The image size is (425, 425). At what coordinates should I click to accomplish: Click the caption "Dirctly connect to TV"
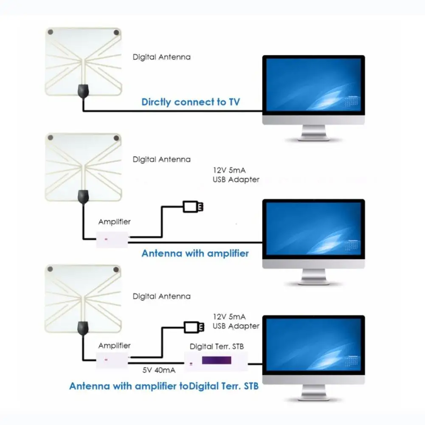pyautogui.click(x=191, y=102)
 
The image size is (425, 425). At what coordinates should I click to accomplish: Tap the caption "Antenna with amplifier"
pyautogui.click(x=195, y=253)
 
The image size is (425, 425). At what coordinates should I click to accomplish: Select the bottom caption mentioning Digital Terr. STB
pyautogui.click(x=164, y=386)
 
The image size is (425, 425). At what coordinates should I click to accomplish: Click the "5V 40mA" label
pyautogui.click(x=159, y=370)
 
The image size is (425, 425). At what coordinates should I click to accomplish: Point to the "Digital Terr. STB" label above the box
pyautogui.click(x=217, y=346)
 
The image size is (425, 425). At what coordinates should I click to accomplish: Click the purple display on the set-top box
pyautogui.click(x=217, y=360)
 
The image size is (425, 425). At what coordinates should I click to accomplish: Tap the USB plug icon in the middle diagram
pyautogui.click(x=194, y=207)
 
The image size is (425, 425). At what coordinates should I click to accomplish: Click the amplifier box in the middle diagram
pyautogui.click(x=112, y=239)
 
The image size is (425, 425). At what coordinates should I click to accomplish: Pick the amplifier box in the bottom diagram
pyautogui.click(x=112, y=359)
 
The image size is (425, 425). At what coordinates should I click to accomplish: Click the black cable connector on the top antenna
pyautogui.click(x=83, y=90)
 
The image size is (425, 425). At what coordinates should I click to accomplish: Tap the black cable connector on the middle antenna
pyautogui.click(x=83, y=196)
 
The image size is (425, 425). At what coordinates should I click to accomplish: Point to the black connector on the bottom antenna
pyautogui.click(x=83, y=328)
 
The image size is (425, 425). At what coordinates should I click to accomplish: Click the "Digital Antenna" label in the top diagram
pyautogui.click(x=162, y=57)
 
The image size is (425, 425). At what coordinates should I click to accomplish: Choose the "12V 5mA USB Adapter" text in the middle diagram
pyautogui.click(x=236, y=175)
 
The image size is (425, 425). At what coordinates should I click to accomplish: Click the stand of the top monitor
pyautogui.click(x=313, y=134)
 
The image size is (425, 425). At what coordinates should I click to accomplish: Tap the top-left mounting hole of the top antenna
pyautogui.click(x=51, y=32)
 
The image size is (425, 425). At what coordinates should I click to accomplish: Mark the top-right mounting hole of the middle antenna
pyautogui.click(x=115, y=138)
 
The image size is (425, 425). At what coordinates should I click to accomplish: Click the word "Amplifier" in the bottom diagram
pyautogui.click(x=114, y=346)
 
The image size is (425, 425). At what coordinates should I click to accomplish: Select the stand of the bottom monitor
pyautogui.click(x=313, y=394)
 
